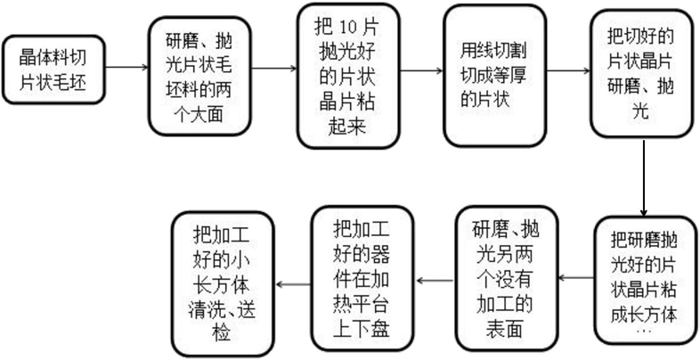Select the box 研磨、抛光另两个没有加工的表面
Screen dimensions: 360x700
pos(504,279)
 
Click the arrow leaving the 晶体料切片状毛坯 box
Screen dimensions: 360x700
pos(122,67)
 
